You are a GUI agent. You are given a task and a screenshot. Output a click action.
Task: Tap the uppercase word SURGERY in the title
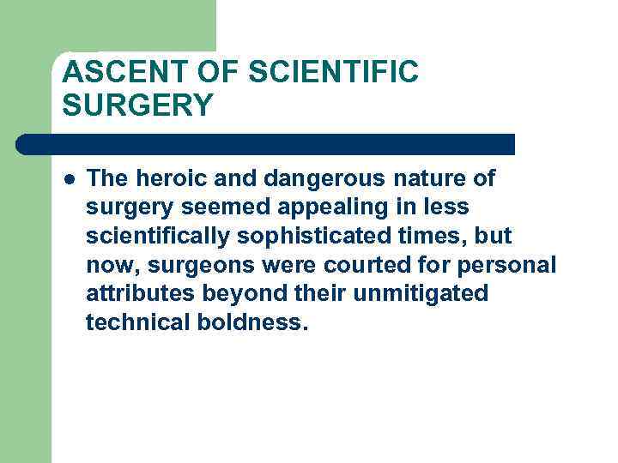click(137, 105)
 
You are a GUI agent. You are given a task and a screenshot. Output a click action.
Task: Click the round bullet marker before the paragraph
click(69, 178)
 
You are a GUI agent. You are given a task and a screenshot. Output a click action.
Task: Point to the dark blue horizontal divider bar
click(266, 144)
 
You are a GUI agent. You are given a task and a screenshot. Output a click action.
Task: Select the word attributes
click(140, 294)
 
